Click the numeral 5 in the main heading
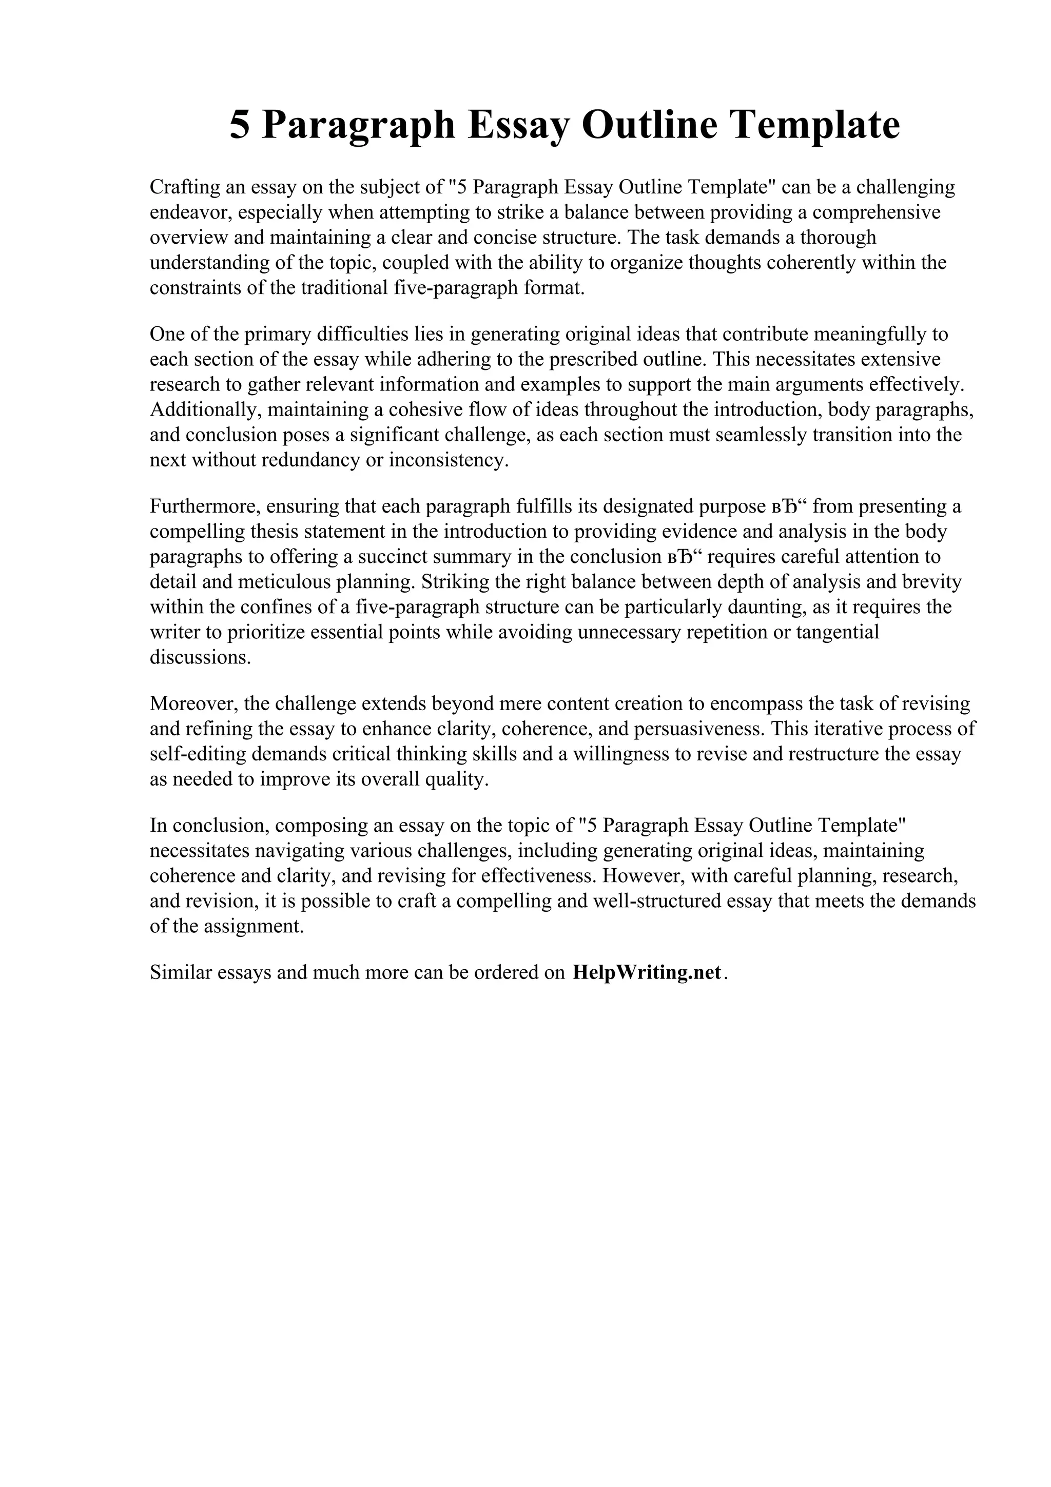coord(239,125)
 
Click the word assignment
coord(254,926)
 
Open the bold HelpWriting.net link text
coord(646,973)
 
